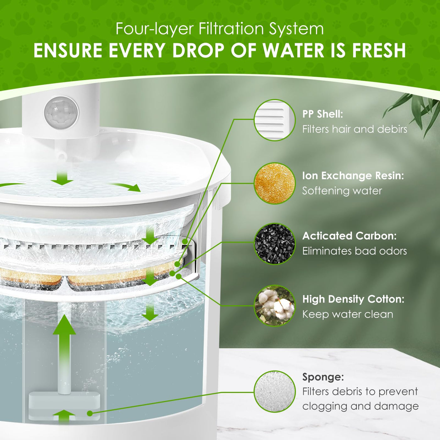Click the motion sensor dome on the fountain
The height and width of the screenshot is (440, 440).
[61, 113]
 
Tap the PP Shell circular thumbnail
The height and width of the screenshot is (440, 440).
[274, 120]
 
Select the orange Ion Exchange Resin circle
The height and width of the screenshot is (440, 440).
[274, 183]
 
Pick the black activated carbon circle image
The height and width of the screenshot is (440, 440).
[274, 244]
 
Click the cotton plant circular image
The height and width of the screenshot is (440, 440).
[274, 306]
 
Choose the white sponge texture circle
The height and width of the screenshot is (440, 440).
[274, 391]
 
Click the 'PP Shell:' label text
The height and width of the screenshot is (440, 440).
[323, 114]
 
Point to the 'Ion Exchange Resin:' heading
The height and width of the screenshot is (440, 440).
[353, 176]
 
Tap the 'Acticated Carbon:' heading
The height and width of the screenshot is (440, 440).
[349, 236]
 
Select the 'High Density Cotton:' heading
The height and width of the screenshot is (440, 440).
[353, 299]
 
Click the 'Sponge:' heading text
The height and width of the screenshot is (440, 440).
[323, 377]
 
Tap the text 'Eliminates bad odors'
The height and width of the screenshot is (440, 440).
[355, 251]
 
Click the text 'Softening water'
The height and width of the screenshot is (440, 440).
[342, 191]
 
